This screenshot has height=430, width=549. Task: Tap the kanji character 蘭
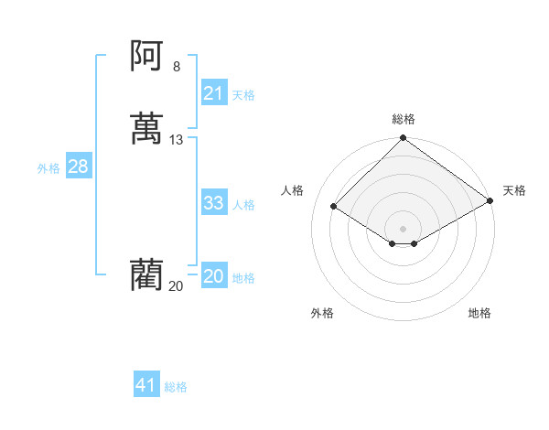[x=146, y=275]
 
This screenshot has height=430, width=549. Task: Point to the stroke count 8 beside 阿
[x=177, y=66]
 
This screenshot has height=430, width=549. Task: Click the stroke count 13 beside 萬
[x=177, y=140]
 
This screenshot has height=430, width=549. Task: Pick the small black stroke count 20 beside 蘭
[x=176, y=285]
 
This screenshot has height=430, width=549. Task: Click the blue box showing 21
[x=213, y=93]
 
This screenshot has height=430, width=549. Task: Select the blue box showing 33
[x=213, y=203]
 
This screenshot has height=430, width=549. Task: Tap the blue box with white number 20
[x=213, y=276]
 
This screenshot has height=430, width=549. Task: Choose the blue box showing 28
[x=78, y=167]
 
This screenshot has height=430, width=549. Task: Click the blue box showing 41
[x=146, y=385]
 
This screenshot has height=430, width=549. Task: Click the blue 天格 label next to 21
[x=243, y=95]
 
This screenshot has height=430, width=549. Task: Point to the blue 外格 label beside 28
[x=48, y=168]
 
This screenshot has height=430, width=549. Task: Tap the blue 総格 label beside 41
[x=176, y=387]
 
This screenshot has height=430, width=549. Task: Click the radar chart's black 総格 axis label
[x=404, y=119]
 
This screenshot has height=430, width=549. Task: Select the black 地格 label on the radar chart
[x=479, y=313]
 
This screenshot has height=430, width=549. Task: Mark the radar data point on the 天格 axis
[x=490, y=201]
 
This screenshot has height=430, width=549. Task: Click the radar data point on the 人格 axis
[x=334, y=207]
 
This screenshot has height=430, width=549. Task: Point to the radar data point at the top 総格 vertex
[x=404, y=138]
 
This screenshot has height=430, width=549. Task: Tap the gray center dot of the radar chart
[x=404, y=228]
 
